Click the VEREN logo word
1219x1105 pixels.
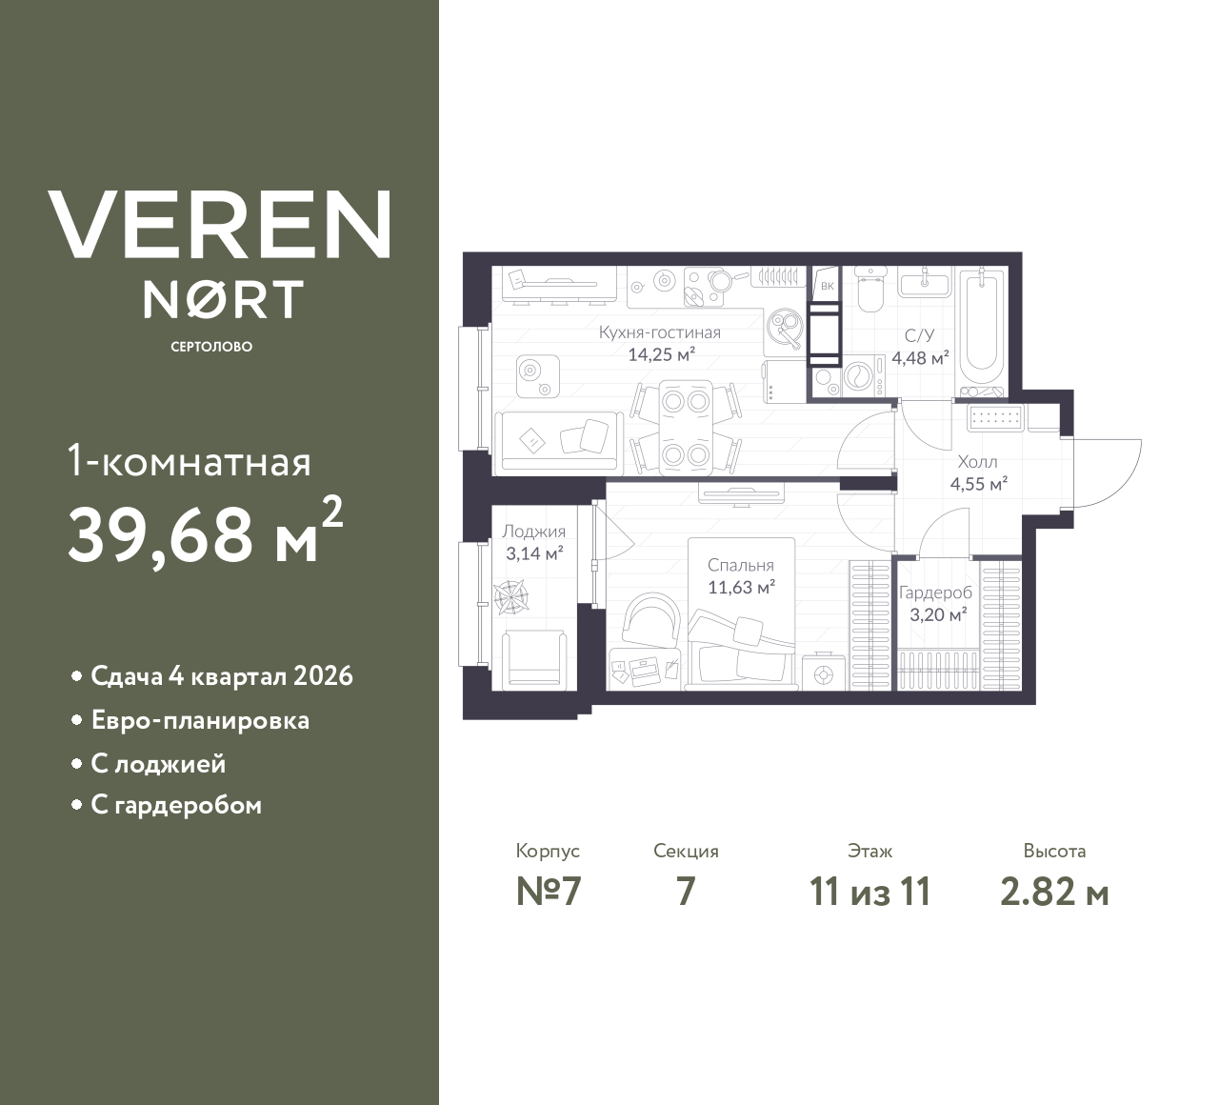[220, 224]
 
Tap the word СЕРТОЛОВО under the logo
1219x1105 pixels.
[211, 347]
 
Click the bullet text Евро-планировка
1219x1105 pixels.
[200, 720]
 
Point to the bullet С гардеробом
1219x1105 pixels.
[176, 806]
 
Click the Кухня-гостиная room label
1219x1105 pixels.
[659, 333]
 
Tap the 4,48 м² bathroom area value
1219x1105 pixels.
[920, 359]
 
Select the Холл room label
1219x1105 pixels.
[977, 462]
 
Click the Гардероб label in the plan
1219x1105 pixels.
[935, 593]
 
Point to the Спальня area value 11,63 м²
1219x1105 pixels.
[741, 588]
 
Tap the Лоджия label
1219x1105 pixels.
[533, 532]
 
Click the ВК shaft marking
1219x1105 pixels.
[827, 286]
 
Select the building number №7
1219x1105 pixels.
[548, 892]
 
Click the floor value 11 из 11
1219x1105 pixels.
[869, 892]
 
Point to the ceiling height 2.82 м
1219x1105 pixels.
[1054, 892]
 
